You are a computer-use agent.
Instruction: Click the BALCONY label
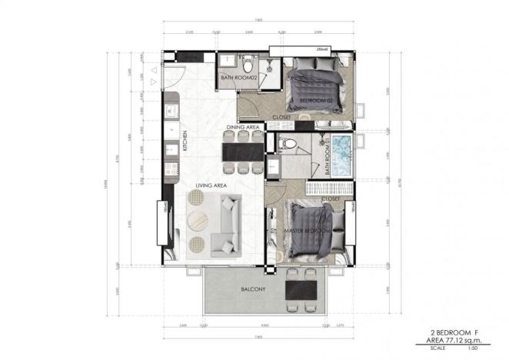click(252, 289)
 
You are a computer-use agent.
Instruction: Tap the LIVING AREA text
click(211, 185)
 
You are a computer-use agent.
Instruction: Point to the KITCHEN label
click(185, 143)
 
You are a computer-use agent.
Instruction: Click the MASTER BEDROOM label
click(309, 231)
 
